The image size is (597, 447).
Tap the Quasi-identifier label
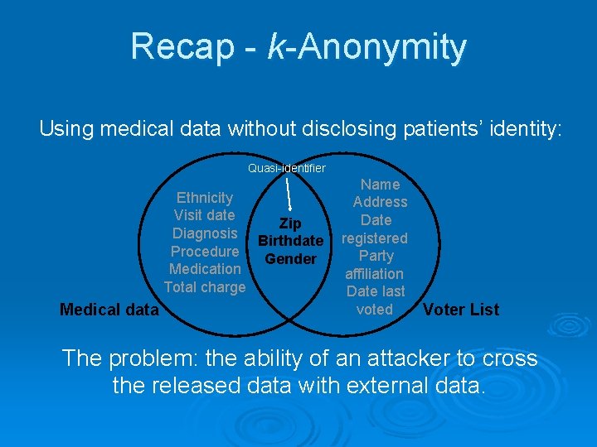pyautogui.click(x=287, y=168)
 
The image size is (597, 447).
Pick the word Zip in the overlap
pyautogui.click(x=290, y=223)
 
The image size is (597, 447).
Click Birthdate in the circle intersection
pyautogui.click(x=290, y=241)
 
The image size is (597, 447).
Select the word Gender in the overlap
pyautogui.click(x=290, y=259)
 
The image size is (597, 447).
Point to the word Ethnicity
pyautogui.click(x=205, y=198)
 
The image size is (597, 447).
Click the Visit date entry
pyautogui.click(x=204, y=215)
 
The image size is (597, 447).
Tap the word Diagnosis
pyautogui.click(x=205, y=233)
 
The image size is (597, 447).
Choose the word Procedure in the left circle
pyautogui.click(x=205, y=252)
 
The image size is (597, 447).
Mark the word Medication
pyautogui.click(x=205, y=269)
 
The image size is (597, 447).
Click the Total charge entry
pyautogui.click(x=205, y=287)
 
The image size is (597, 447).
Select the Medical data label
pyautogui.click(x=109, y=310)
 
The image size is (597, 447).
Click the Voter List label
pyautogui.click(x=461, y=310)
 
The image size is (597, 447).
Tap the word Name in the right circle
pyautogui.click(x=380, y=185)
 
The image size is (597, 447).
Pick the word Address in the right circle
pyautogui.click(x=380, y=202)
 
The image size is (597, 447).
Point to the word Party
pyautogui.click(x=376, y=256)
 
